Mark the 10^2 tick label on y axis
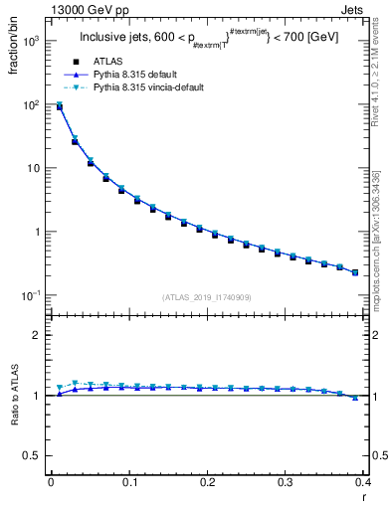[32, 104]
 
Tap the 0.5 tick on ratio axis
[34, 455]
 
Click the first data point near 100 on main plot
[59, 105]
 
